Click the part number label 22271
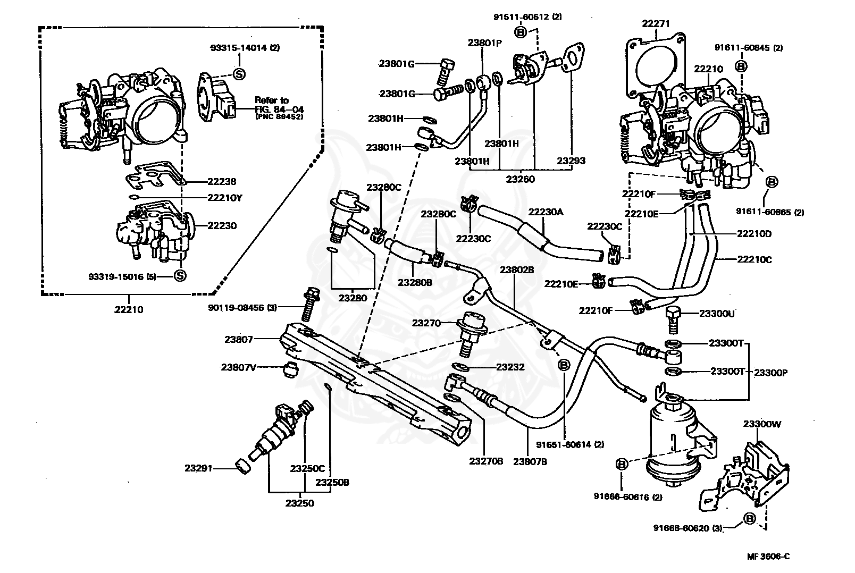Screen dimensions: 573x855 coord(656,24)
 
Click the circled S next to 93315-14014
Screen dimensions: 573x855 coord(239,74)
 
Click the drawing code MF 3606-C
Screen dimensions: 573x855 coord(768,557)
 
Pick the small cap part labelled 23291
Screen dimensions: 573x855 coord(245,467)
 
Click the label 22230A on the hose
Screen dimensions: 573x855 coord(545,212)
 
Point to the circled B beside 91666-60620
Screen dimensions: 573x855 coord(750,519)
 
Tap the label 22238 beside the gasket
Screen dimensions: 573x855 coord(222,181)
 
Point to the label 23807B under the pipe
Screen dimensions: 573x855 coord(530,461)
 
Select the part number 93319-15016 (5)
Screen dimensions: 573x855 coord(122,276)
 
